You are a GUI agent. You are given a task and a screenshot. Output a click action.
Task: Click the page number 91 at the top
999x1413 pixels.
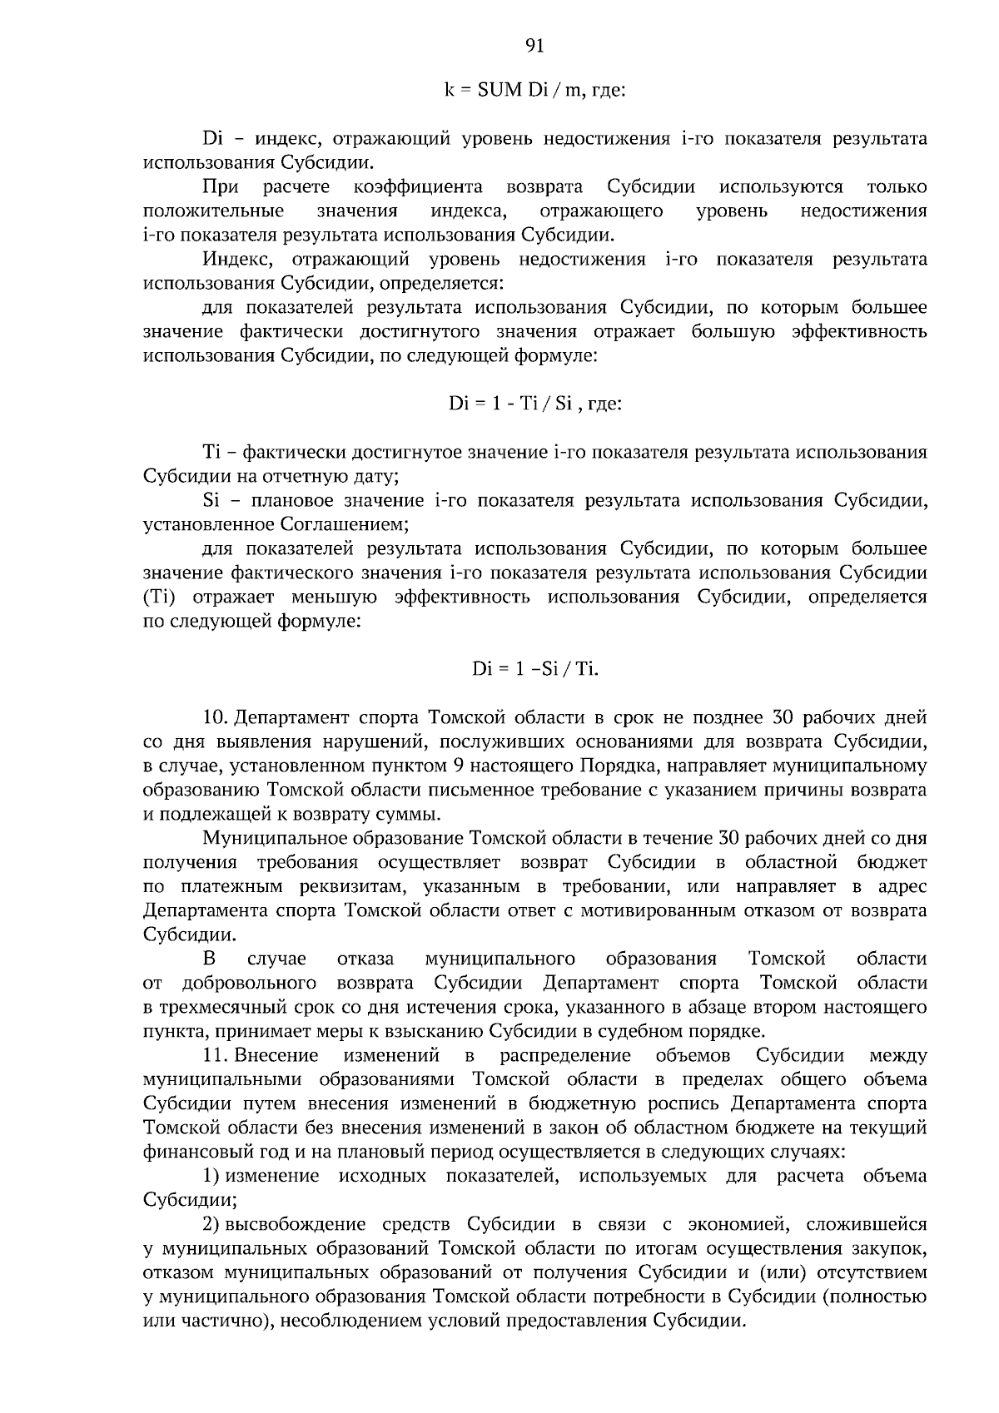[x=535, y=47]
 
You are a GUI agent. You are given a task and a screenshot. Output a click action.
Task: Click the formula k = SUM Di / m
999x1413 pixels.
[x=534, y=90]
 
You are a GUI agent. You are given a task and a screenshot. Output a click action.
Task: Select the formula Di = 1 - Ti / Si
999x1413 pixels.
[x=535, y=404]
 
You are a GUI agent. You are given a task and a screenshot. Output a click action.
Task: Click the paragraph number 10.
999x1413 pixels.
[x=215, y=717]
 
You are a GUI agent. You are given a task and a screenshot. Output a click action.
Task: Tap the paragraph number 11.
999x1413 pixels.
[x=215, y=1055]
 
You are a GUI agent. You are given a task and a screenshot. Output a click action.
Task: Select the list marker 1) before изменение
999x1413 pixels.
[x=211, y=1175]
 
